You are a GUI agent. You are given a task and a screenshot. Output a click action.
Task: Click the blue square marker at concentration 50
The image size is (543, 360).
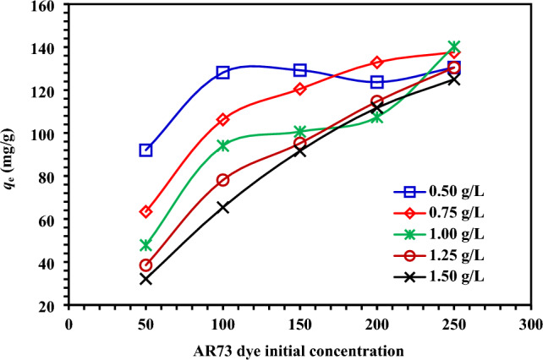tap(145, 150)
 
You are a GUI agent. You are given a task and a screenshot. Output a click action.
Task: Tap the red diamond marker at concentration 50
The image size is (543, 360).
tap(145, 211)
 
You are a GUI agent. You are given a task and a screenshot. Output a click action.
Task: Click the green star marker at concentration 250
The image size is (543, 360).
tap(454, 46)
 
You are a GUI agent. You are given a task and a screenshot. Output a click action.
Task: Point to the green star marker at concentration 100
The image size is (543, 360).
tap(223, 145)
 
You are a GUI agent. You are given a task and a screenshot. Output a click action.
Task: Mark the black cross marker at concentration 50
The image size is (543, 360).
tap(145, 278)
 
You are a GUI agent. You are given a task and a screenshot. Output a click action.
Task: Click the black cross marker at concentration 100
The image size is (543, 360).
tap(223, 207)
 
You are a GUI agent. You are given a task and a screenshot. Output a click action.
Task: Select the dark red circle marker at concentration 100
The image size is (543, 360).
tap(223, 180)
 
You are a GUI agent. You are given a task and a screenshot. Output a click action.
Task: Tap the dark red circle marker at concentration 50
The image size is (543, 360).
tap(145, 265)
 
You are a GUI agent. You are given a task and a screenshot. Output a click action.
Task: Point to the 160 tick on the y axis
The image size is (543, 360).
tap(43, 7)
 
